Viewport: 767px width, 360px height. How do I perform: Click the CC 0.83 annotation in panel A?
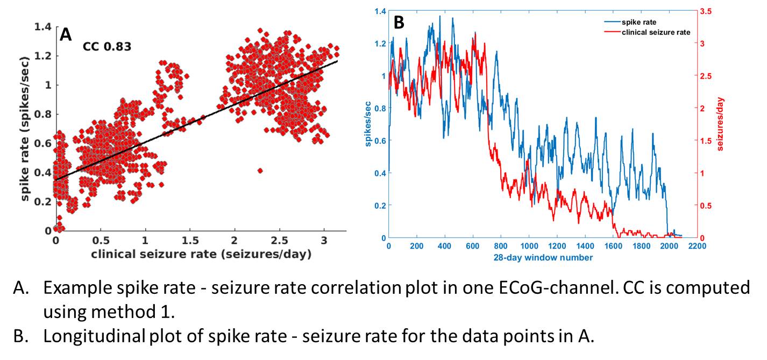(107, 47)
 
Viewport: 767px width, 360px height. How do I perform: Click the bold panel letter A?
(65, 35)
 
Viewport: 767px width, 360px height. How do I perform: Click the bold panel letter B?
(399, 23)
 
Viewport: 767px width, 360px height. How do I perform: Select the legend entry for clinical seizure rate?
(655, 32)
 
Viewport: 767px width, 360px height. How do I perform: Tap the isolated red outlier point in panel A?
(260, 171)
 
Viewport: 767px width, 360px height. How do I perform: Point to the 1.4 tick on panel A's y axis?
(43, 26)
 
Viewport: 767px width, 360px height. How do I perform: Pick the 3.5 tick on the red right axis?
(707, 11)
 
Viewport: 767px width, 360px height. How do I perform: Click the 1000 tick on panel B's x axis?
(529, 246)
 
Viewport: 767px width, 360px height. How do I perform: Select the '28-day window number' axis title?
(543, 258)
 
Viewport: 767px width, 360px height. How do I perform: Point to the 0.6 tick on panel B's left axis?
(379, 140)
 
